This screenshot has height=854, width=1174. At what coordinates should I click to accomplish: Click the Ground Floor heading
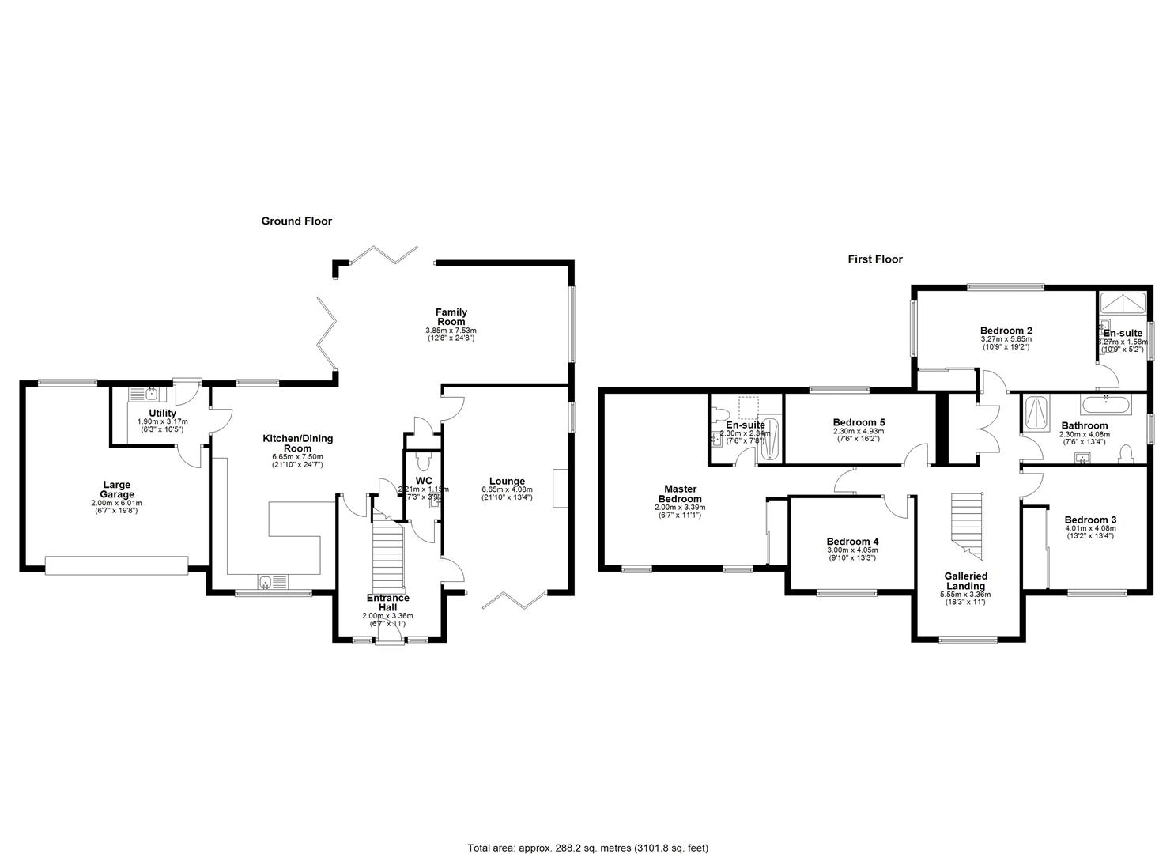(x=296, y=221)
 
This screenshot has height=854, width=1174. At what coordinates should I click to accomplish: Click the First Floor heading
(x=874, y=259)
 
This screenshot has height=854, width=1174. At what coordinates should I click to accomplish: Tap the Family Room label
(x=451, y=317)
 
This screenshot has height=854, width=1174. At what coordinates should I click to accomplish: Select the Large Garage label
(x=116, y=489)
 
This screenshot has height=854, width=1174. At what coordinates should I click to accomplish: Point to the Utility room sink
(x=145, y=394)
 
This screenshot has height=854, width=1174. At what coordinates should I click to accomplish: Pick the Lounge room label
(x=507, y=481)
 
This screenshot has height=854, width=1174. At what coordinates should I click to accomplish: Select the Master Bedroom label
(x=679, y=494)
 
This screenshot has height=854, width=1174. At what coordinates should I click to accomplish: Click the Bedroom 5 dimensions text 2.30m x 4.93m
(x=859, y=432)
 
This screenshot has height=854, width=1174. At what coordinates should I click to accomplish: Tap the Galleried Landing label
(x=965, y=581)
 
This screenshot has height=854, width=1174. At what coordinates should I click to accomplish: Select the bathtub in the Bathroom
(x=1105, y=407)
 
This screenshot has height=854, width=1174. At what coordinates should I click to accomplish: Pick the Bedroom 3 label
(x=1089, y=520)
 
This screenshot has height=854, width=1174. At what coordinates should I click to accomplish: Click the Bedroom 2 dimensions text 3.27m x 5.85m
(x=1006, y=339)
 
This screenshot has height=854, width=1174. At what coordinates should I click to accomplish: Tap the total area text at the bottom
(x=587, y=848)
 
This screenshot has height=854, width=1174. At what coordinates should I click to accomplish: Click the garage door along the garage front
(x=116, y=565)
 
